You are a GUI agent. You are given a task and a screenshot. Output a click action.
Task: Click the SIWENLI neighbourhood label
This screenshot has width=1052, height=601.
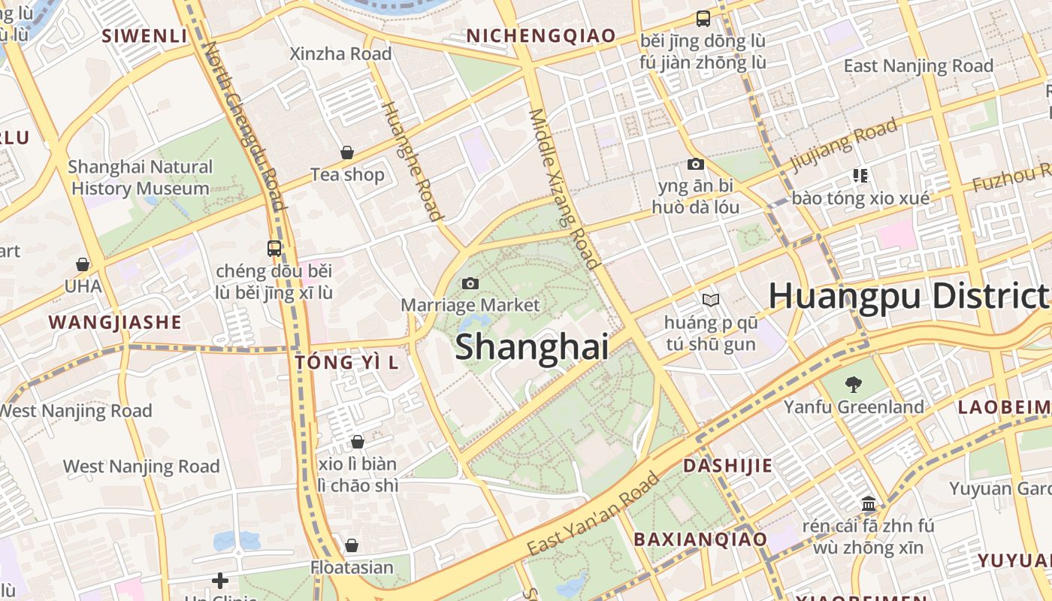click(144, 35)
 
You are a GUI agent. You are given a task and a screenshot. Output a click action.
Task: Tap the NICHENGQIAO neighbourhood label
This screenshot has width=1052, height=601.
click(540, 35)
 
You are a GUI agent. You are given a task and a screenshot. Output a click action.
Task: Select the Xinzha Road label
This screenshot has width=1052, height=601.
click(341, 53)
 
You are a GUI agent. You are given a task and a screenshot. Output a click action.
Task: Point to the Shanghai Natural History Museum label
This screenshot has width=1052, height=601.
click(140, 177)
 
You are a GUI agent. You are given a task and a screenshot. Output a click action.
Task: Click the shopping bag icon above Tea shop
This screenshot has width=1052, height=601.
click(347, 153)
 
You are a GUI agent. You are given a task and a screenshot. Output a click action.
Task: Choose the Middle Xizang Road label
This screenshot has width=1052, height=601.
click(564, 188)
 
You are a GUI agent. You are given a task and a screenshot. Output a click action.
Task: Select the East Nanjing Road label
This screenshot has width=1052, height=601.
click(918, 65)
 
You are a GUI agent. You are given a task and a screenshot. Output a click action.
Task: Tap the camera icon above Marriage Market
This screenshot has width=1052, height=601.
click(470, 283)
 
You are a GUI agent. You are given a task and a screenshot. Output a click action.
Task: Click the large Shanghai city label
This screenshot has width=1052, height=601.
click(531, 347)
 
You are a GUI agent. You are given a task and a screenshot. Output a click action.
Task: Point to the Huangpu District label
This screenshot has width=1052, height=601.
click(908, 295)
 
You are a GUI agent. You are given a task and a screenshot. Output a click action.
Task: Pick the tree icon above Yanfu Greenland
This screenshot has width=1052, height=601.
click(853, 385)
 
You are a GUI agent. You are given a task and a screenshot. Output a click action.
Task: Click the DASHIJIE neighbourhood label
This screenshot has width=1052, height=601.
click(727, 465)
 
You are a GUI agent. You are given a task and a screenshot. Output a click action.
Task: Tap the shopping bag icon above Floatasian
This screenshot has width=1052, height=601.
click(352, 545)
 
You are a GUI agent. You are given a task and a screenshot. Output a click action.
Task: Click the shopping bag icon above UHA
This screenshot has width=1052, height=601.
click(83, 264)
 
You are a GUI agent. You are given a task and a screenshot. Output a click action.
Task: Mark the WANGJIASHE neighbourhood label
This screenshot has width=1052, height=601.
click(115, 322)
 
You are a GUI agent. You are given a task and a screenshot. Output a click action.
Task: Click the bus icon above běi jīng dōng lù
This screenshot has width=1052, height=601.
click(703, 19)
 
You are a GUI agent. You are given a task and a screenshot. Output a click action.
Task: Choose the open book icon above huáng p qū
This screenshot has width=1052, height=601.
click(710, 300)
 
